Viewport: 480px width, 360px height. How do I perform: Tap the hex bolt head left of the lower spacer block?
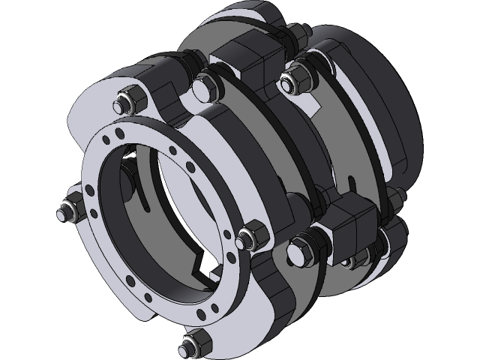click(303, 247)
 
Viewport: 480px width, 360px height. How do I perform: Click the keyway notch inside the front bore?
click(201, 265)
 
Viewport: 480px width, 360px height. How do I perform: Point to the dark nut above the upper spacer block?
click(292, 34)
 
